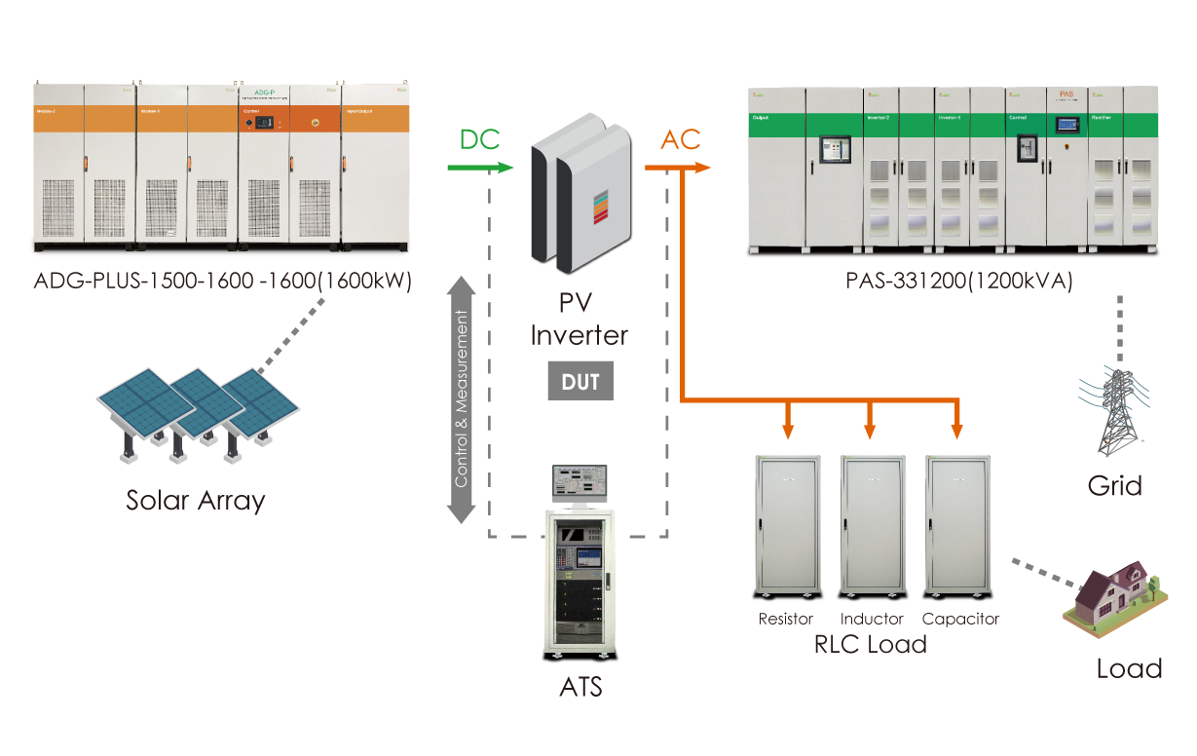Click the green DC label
tap(479, 139)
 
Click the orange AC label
tap(681, 139)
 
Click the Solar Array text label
tap(195, 501)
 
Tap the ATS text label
tap(580, 687)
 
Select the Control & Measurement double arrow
tap(461, 399)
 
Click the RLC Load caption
tap(871, 644)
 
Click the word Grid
tap(1114, 484)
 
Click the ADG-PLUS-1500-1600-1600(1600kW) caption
tap(223, 283)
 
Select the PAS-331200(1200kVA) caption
tap(959, 283)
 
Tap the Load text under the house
tap(1129, 669)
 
